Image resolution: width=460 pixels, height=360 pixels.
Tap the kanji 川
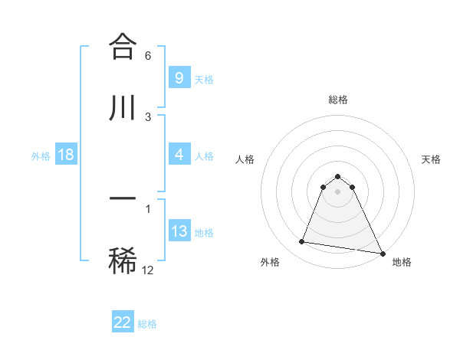tap(123, 108)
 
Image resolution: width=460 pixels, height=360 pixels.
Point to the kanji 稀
tap(123, 260)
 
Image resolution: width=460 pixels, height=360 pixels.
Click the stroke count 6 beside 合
tap(147, 56)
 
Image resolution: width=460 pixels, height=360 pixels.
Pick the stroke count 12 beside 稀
tap(148, 270)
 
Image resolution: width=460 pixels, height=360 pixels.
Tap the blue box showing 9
tap(179, 78)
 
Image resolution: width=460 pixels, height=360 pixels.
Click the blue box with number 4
tap(179, 155)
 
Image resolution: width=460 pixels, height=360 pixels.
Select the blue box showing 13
tap(179, 231)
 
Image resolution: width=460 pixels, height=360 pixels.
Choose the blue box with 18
tap(66, 155)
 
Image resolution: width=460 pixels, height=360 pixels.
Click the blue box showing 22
tap(123, 322)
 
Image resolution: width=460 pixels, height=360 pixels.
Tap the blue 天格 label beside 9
tap(204, 79)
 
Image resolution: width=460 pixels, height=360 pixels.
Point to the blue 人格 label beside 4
tap(204, 155)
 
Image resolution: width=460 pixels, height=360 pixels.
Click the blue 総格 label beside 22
tap(147, 323)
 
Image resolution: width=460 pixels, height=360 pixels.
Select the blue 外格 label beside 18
tap(41, 155)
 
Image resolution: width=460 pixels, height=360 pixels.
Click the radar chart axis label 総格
tap(338, 100)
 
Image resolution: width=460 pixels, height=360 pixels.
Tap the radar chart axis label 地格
tap(402, 262)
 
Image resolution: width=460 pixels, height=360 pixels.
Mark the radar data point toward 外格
tap(301, 242)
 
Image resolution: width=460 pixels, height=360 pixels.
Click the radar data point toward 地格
tap(383, 253)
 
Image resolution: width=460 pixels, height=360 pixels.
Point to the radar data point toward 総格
tap(337, 176)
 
